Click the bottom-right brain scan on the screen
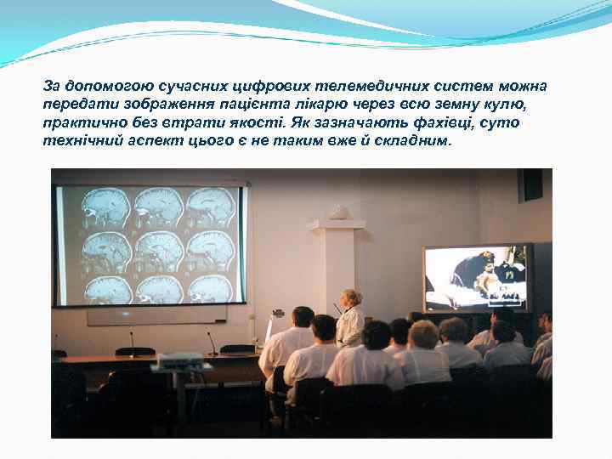[x=210, y=289]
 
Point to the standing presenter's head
[x=350, y=297]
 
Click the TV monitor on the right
[x=477, y=278]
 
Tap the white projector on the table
[x=180, y=360]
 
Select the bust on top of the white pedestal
[x=338, y=212]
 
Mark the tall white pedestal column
[x=338, y=263]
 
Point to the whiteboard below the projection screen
[x=156, y=314]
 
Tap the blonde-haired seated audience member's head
[x=423, y=333]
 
